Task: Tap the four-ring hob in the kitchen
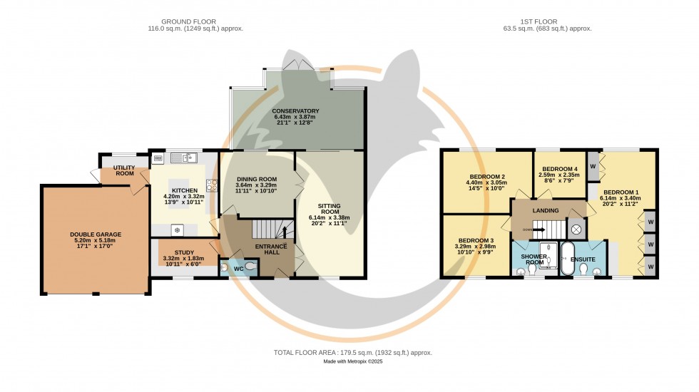coord(212,187)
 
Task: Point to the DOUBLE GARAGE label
coord(96,234)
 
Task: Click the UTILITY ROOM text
coord(124,170)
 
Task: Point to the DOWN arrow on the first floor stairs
coord(528,229)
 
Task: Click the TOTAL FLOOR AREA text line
coord(352,353)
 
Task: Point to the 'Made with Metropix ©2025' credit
coord(352,363)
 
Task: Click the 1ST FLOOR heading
coord(546,21)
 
